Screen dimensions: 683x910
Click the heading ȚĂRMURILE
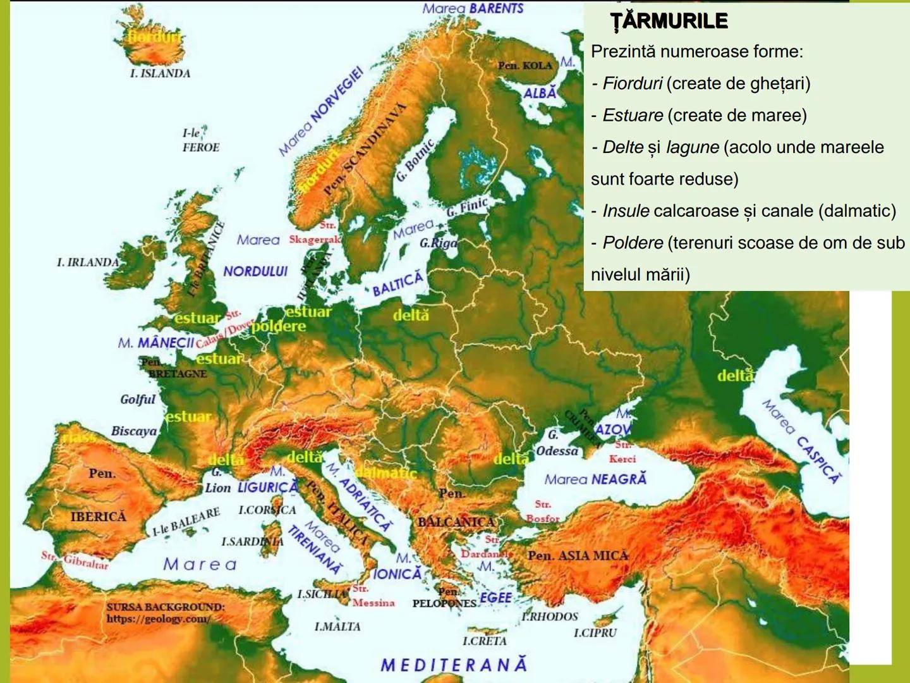point(669,22)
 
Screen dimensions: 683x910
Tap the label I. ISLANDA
point(160,73)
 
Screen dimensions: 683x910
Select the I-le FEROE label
point(200,140)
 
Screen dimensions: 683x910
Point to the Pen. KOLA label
point(525,65)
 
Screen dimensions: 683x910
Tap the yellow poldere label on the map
point(279,326)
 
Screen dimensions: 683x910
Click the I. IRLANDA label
point(88,262)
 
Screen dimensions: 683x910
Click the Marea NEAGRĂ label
point(595,479)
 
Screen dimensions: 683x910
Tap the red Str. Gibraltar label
point(75,560)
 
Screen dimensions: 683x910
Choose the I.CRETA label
point(485,641)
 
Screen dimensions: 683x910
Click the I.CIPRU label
point(595,632)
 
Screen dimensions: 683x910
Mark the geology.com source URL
point(158,619)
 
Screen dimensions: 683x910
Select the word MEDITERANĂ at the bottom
point(454,665)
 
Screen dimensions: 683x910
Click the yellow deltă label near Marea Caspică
point(736,376)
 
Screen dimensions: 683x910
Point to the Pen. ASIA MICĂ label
point(578,556)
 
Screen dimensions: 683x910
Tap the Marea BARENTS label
point(473,9)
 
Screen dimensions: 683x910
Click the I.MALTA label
point(337,626)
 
